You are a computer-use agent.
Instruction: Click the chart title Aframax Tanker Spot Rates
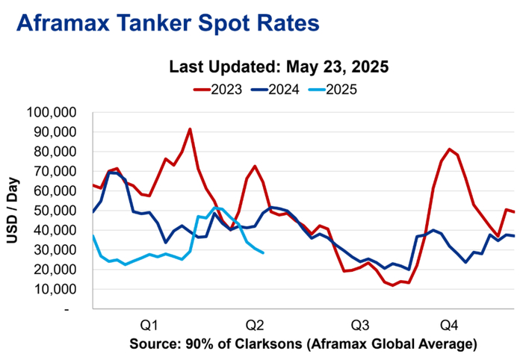[x=167, y=23]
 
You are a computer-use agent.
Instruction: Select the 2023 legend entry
[x=217, y=90]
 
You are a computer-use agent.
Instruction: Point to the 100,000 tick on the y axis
[x=57, y=113]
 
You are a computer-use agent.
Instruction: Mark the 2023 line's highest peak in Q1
[x=191, y=129]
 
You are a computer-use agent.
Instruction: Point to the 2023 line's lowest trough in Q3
[x=393, y=285]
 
